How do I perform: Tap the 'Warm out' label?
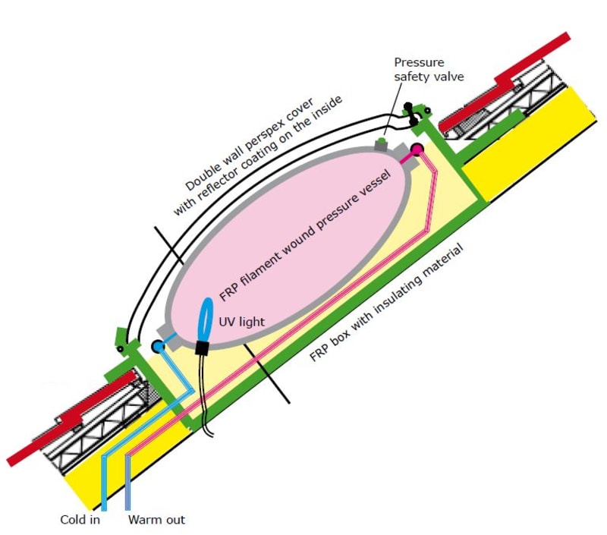156,521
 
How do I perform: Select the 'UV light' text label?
242,322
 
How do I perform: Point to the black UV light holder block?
202,348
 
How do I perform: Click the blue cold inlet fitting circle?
158,347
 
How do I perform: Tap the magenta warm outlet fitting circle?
417,146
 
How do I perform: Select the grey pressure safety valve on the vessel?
382,142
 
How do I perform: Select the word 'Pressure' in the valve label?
418,62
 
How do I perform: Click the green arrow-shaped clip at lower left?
122,334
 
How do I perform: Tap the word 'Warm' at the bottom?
143,521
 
